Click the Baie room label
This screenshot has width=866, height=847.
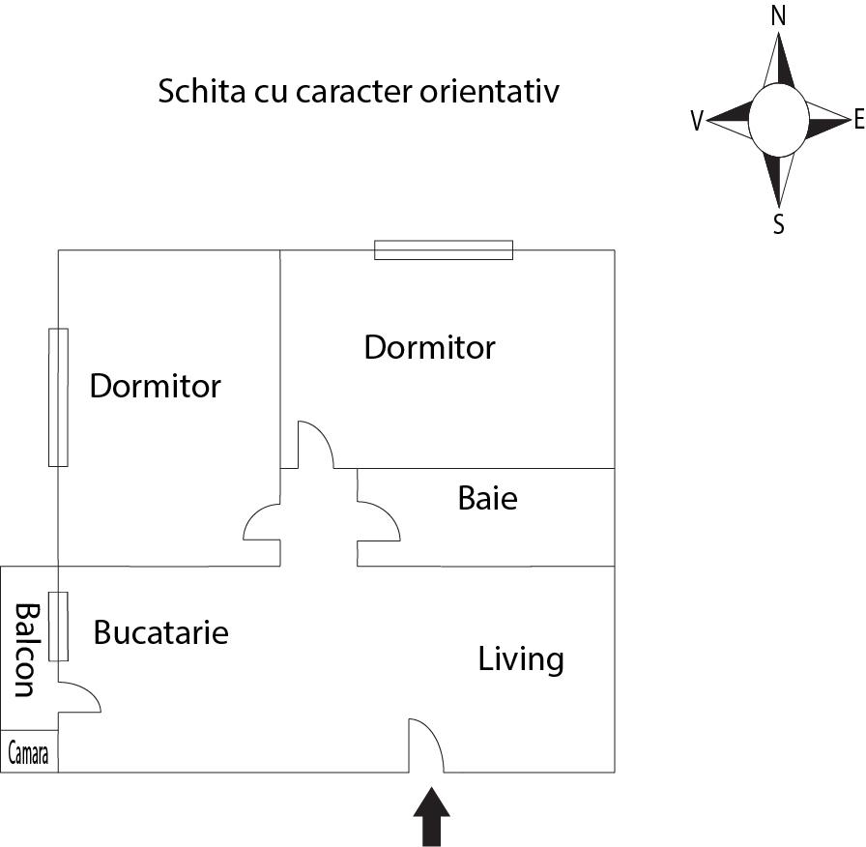point(487,499)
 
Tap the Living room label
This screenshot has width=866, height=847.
point(521,659)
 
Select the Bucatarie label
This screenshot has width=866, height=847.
point(160,632)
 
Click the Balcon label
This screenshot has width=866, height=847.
point(24,650)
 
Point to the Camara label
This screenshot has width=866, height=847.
point(29,754)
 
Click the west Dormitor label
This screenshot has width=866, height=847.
point(155,387)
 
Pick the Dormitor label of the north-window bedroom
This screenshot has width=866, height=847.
point(429,347)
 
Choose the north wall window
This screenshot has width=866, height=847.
point(444,250)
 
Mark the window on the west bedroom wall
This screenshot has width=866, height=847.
point(59,397)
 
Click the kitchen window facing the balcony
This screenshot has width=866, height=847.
point(59,627)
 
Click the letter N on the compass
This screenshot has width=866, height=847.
point(778,15)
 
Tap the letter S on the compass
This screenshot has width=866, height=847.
point(778,225)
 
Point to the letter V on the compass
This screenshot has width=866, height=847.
point(697,121)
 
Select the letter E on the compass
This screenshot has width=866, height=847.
point(858,120)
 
